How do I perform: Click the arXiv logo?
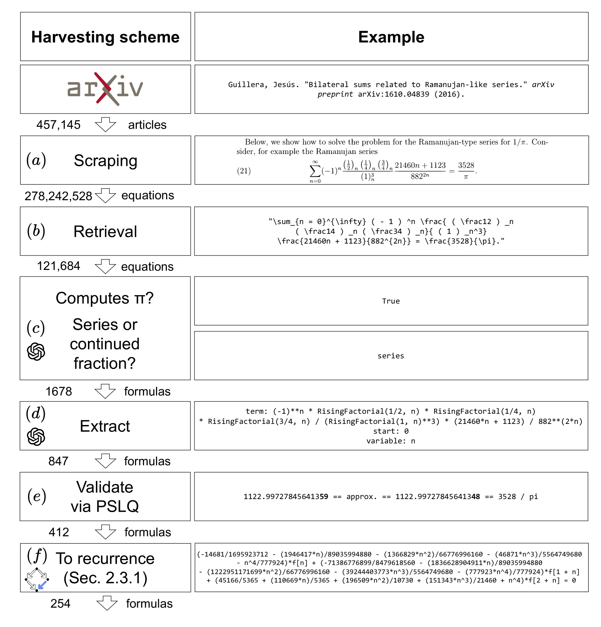pos(105,89)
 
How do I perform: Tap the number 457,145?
pos(58,125)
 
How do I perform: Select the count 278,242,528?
pos(58,196)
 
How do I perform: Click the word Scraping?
pos(105,161)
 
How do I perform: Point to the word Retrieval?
pos(105,232)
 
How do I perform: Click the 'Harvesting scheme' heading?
pos(105,37)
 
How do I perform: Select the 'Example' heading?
pos(391,37)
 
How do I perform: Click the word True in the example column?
pos(391,301)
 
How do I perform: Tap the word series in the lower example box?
pos(391,356)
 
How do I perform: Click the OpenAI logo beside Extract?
pos(36,437)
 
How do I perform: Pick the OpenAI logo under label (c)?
pos(36,352)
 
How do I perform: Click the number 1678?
pos(59,391)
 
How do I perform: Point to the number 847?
pos(58,461)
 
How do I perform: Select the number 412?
pos(59,532)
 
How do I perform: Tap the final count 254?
pos(60,604)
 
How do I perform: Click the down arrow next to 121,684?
pos(105,266)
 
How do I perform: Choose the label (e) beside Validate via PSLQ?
pos(37,496)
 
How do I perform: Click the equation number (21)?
pos(244,171)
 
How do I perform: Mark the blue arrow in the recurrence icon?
pos(42,585)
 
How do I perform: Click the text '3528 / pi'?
pos(518,497)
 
